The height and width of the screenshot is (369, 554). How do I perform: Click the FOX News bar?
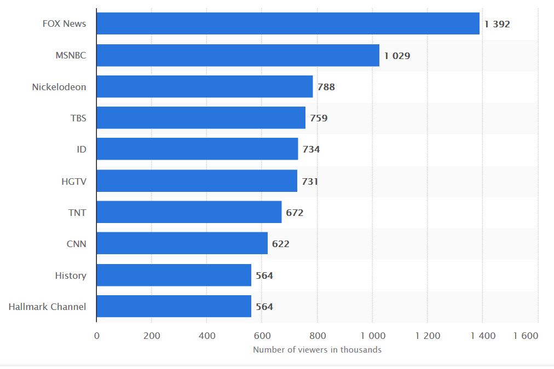pos(288,24)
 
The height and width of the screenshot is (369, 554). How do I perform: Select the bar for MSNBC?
pos(238,55)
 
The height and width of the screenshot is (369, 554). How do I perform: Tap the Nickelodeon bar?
pos(205,86)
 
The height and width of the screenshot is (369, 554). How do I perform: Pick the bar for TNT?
pos(189,212)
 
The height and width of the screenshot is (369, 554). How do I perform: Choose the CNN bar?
pos(182,243)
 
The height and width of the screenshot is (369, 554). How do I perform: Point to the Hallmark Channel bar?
pos(174,306)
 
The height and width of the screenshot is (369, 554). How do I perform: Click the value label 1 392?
pos(497,24)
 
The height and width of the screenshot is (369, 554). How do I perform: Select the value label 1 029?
pos(397,56)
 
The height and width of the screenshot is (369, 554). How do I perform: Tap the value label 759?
pos(319,118)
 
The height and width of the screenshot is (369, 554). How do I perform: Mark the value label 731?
pos(310,181)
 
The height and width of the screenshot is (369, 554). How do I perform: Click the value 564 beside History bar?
pos(264,276)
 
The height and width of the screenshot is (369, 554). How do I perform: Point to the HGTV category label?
pos(74,181)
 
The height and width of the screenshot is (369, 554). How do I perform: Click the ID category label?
pos(82,149)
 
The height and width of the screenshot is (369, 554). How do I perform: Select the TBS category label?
pos(78,118)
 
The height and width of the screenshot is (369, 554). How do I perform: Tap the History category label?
pos(71,276)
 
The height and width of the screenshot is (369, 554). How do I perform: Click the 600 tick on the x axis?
pos(262,336)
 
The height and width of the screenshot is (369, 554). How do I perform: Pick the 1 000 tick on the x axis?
pos(372,336)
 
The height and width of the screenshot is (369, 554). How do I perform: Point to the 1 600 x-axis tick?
pos(526,336)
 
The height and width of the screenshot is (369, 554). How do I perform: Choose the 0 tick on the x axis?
pos(97,336)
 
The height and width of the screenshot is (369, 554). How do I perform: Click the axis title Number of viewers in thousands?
pos(317,350)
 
